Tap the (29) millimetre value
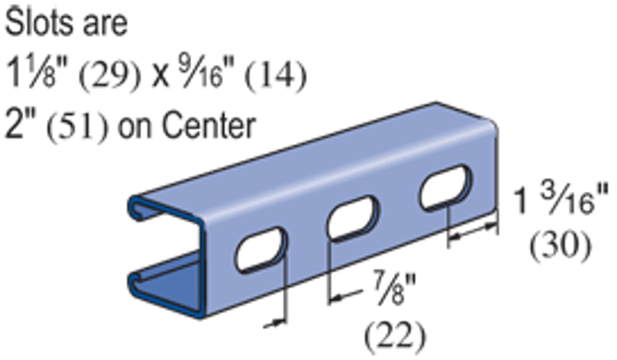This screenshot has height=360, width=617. [x=110, y=75]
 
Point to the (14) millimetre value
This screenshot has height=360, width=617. [x=275, y=75]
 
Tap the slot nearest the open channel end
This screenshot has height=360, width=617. [x=261, y=251]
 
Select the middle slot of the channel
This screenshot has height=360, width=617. [x=353, y=218]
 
